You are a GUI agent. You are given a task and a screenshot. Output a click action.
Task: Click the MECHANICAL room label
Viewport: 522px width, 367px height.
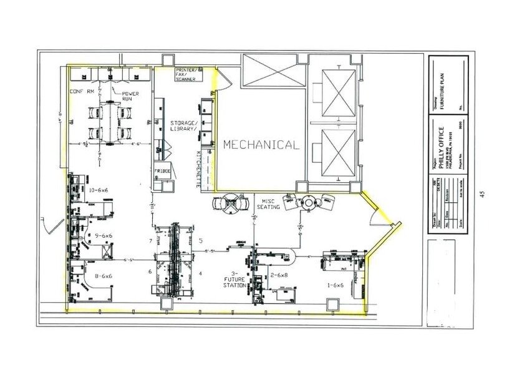[261, 145]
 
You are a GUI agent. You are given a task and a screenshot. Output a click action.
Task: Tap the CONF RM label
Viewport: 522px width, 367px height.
[82, 92]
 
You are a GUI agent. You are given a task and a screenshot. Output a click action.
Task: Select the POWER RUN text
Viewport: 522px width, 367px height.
[130, 97]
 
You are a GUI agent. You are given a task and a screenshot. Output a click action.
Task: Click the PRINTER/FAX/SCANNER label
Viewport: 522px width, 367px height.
[186, 74]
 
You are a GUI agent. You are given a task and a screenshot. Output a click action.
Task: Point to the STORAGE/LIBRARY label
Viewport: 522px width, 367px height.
[184, 127]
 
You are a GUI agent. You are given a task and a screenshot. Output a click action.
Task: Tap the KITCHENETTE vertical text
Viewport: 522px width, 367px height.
[199, 169]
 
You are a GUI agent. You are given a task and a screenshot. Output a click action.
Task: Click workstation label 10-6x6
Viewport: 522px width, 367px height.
[99, 190]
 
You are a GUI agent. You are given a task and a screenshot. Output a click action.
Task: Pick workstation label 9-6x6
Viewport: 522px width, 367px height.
[103, 235]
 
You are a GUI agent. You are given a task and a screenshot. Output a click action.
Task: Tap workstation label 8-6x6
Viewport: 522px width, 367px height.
[103, 275]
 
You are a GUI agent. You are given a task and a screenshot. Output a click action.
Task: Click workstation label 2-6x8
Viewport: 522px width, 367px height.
[279, 275]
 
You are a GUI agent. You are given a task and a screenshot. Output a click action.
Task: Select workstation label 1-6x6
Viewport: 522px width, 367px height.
[336, 285]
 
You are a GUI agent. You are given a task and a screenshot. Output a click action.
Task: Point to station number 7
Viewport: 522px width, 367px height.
[150, 240]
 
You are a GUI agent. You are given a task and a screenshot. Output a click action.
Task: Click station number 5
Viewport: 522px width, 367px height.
[200, 240]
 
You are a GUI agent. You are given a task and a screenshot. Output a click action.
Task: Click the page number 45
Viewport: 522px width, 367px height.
[481, 194]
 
